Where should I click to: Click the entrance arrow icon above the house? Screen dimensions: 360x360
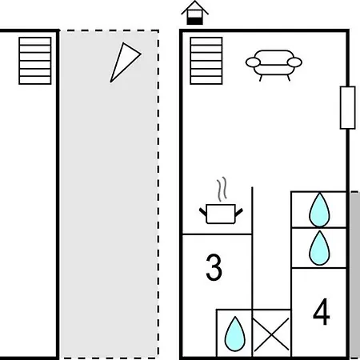[194, 13]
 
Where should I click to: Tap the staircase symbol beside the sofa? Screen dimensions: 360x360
[206, 61]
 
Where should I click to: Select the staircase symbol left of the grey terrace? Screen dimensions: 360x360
[35, 61]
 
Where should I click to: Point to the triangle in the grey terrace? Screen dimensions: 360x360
[125, 62]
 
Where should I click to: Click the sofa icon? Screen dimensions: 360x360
[274, 65]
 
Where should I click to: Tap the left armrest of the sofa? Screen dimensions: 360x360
[253, 62]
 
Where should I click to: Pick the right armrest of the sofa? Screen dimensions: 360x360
[294, 62]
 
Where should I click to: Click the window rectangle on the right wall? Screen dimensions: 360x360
[347, 107]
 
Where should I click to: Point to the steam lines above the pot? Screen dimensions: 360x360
[222, 189]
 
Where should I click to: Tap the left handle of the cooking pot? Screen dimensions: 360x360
[203, 212]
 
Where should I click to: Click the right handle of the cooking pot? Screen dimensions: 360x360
[239, 212]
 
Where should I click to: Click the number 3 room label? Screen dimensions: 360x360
[214, 267]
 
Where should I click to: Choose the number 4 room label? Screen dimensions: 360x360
[322, 311]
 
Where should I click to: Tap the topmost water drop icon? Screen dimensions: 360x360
[319, 210]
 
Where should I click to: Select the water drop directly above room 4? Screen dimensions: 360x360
[319, 248]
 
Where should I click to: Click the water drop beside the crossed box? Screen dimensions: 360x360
[235, 334]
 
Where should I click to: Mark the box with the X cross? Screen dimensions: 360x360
[271, 333]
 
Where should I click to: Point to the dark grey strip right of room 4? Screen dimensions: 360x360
[355, 274]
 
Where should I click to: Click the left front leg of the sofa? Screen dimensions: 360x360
[261, 78]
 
